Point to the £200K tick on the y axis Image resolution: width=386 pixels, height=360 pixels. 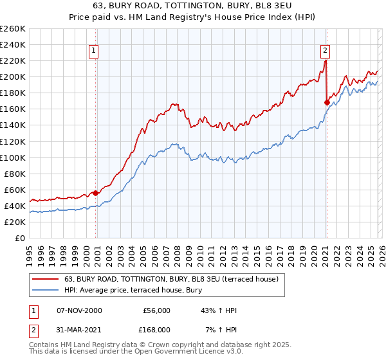pyautogui.click(x=13, y=76)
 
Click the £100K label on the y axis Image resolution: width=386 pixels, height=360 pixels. pyautogui.click(x=13, y=157)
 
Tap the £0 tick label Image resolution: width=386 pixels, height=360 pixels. pyautogui.click(x=20, y=238)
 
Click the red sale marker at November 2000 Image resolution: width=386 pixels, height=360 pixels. pyautogui.click(x=96, y=193)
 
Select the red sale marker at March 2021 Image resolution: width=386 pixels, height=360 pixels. pyautogui.click(x=327, y=102)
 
